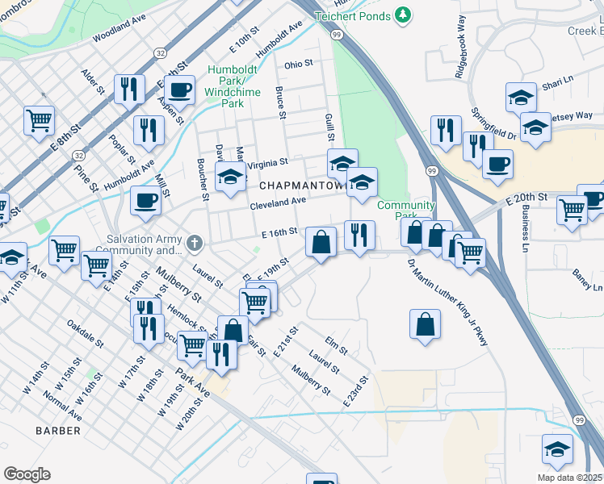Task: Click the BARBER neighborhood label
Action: (58, 431)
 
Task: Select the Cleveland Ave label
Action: (278, 202)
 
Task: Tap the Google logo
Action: (27, 474)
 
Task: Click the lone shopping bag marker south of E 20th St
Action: (425, 324)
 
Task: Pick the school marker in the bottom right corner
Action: (557, 449)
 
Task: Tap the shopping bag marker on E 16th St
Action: (321, 241)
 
